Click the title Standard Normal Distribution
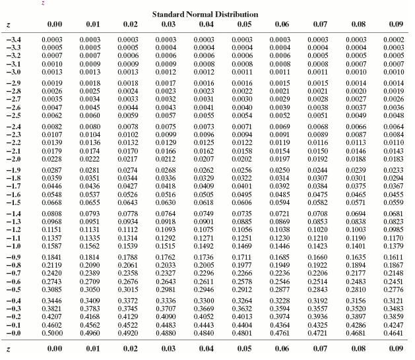tap(205, 14)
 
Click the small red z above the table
tap(43, 3)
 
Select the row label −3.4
tap(13, 40)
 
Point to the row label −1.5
tap(13, 202)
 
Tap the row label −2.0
tap(13, 159)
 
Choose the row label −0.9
tap(13, 256)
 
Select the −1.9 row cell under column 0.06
tap(280, 170)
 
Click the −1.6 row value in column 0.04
tap(204, 195)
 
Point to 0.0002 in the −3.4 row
tap(394, 40)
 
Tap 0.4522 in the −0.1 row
tap(128, 324)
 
